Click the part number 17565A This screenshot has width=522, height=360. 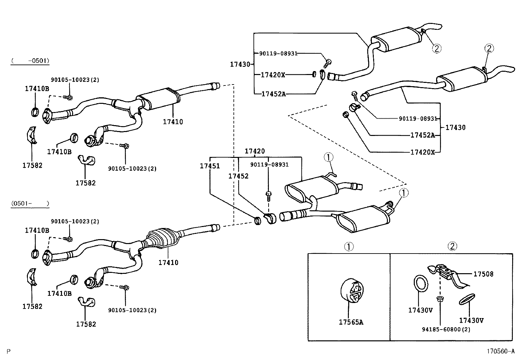pyautogui.click(x=351, y=322)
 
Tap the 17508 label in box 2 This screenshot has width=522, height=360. pyautogui.click(x=483, y=274)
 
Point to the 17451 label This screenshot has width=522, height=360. pyautogui.click(x=210, y=166)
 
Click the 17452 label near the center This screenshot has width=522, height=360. pyautogui.click(x=238, y=176)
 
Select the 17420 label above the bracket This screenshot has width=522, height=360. pyautogui.click(x=255, y=151)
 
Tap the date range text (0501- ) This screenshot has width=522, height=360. pyautogui.click(x=30, y=203)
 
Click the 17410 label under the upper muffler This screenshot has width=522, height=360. pyautogui.click(x=173, y=122)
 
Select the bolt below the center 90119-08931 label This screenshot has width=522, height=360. pyautogui.click(x=269, y=196)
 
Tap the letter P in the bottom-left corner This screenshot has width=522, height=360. pyautogui.click(x=9, y=351)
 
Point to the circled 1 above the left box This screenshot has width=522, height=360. pyautogui.click(x=349, y=246)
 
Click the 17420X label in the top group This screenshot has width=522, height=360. pyautogui.click(x=273, y=75)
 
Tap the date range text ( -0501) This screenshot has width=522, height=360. pyautogui.click(x=30, y=61)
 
